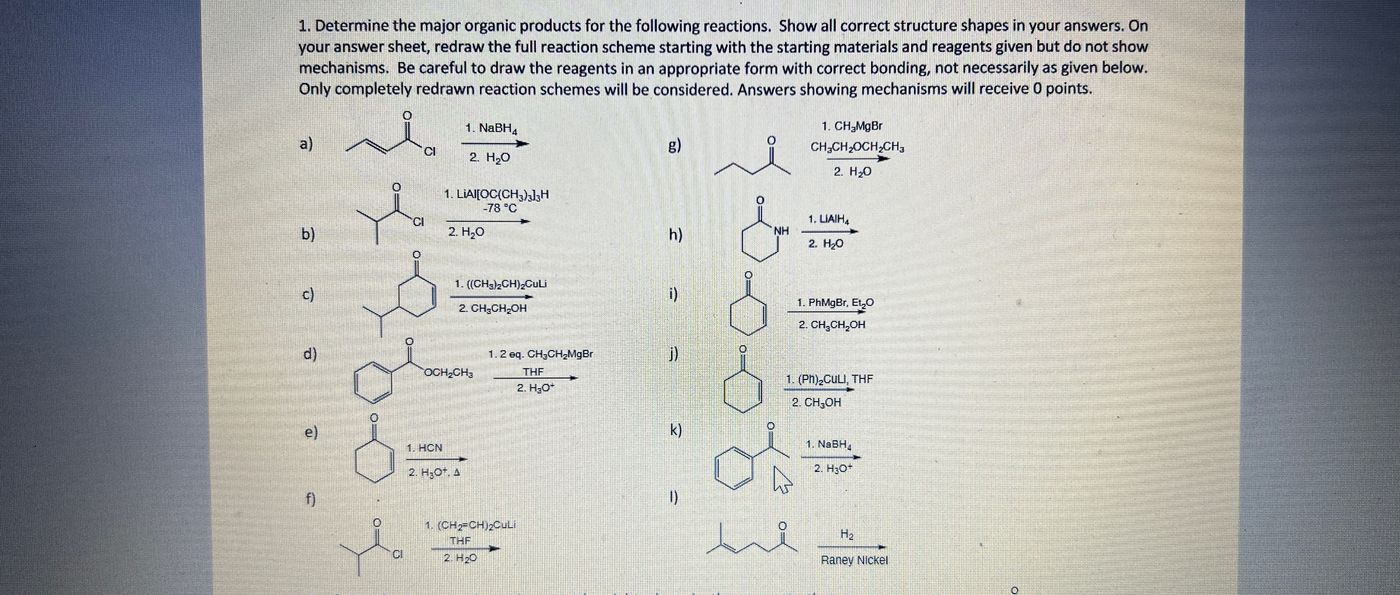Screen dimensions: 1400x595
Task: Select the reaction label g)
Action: tap(674, 146)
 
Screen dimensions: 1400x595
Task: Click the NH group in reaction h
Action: tap(781, 231)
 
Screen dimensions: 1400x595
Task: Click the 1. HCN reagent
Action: tap(424, 448)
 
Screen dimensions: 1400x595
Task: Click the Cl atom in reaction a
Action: tap(430, 152)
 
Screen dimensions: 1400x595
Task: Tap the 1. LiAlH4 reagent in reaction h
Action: tap(828, 220)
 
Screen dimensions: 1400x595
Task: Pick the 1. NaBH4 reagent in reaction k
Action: tap(828, 444)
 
